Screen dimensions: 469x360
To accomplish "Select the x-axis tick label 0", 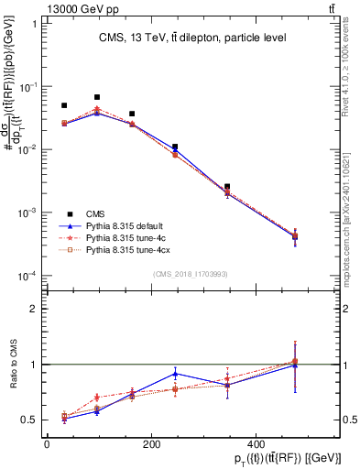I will [47, 444].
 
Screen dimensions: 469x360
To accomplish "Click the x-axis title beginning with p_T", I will [234, 458].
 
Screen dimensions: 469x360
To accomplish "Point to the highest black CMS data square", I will [97, 97].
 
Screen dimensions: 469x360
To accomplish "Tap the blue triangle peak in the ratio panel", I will [175, 374].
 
